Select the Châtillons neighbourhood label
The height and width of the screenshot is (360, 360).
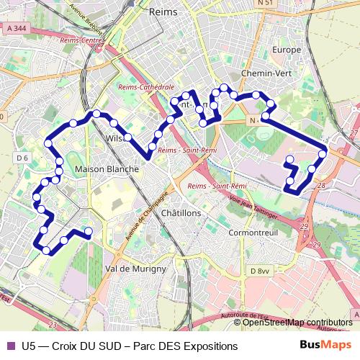point(181,214)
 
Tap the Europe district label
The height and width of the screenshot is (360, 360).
point(287,50)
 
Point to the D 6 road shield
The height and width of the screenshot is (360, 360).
point(21,158)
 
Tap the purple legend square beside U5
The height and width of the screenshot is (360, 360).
point(9,346)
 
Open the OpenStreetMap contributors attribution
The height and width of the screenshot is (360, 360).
point(297,323)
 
